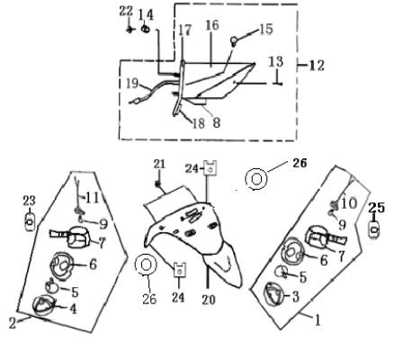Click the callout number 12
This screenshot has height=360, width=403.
[x=317, y=66]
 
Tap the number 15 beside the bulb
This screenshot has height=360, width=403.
[x=265, y=29]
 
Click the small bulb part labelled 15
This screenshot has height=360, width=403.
[x=234, y=40]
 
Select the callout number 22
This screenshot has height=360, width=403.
[x=126, y=12]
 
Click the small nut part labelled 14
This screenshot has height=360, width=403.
[x=146, y=30]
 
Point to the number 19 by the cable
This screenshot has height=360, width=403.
[x=132, y=84]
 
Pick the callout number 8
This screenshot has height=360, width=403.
[x=217, y=122]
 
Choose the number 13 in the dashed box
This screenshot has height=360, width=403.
[x=275, y=61]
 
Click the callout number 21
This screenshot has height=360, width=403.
[x=159, y=164]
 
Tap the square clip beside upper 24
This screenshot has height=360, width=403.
[x=210, y=168]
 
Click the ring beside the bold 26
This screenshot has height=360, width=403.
[x=255, y=179]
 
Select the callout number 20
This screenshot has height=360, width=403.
[x=209, y=300]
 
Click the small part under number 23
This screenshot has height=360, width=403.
[x=30, y=222]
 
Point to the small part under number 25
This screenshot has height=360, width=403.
[x=374, y=229]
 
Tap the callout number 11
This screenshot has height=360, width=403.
[x=93, y=198]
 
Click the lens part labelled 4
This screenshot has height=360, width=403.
[x=42, y=305]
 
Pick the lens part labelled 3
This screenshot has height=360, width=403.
[x=273, y=294]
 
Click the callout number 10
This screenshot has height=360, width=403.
[x=349, y=203]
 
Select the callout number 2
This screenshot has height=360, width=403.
[x=13, y=323]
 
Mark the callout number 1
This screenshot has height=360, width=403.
[x=318, y=319]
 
